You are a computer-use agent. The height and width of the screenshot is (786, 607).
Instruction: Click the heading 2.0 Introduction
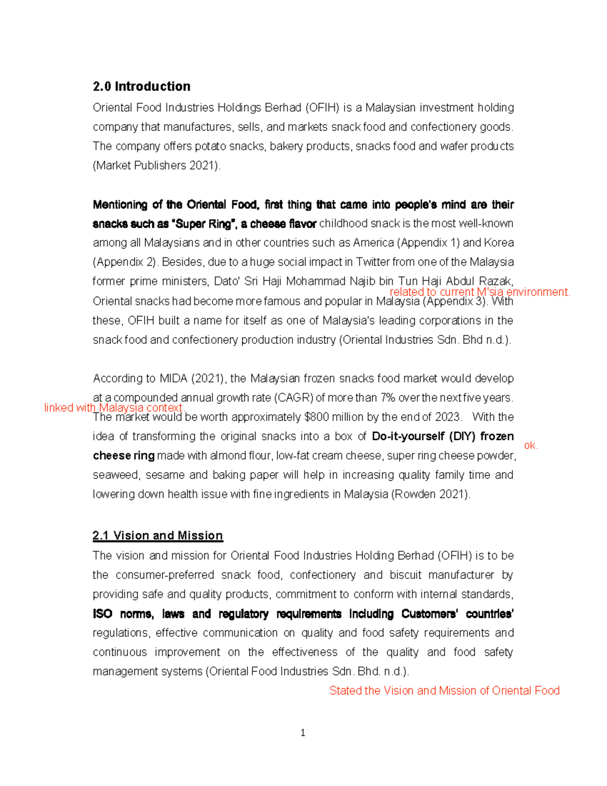point(142,87)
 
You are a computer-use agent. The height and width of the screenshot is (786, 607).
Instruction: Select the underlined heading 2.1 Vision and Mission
point(158,535)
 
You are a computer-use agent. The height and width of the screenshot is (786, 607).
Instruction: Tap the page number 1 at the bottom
point(302,733)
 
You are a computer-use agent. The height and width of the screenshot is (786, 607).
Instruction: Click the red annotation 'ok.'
point(531,445)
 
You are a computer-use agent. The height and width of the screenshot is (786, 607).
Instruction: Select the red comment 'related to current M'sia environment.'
point(480,292)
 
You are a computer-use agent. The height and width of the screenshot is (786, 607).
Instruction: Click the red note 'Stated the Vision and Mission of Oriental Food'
point(444,690)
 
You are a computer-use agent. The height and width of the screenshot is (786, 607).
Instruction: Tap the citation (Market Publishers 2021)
point(156,166)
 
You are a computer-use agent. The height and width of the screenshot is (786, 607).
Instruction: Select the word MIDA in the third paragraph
point(174,379)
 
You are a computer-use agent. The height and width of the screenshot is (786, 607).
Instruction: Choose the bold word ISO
point(102,614)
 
